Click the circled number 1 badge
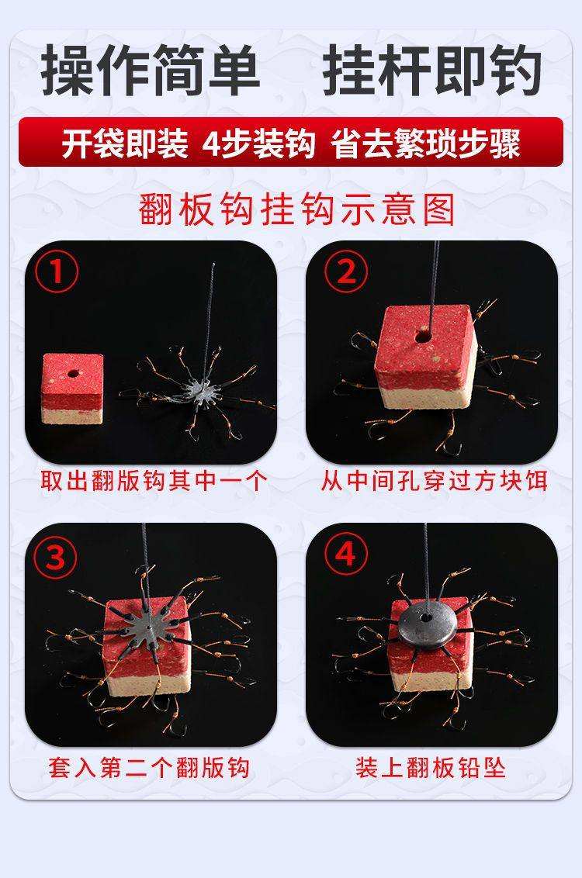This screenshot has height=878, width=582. [57, 271]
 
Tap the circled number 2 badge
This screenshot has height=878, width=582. [346, 271]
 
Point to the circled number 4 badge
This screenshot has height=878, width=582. [346, 555]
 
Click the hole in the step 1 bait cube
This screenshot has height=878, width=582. [72, 373]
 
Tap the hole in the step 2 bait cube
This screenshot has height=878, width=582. [423, 337]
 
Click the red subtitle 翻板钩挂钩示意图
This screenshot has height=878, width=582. [297, 209]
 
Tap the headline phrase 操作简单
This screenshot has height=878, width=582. [150, 70]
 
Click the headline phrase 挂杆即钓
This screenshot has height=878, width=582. [432, 70]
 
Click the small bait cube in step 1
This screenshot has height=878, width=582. [73, 388]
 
